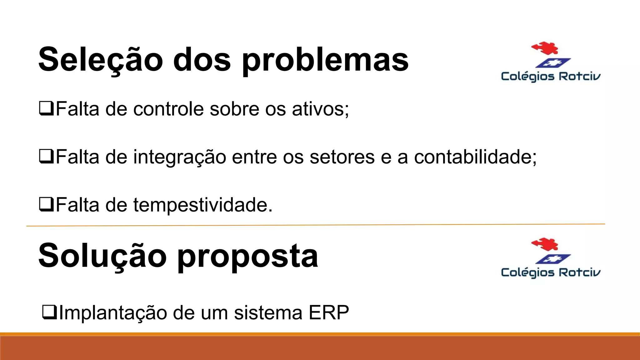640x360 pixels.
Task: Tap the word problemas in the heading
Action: pyautogui.click(x=325, y=60)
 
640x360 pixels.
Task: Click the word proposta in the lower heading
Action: pyautogui.click(x=247, y=257)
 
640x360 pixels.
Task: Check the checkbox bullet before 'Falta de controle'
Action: pyautogui.click(x=47, y=108)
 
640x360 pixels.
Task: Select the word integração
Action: pyautogui.click(x=180, y=157)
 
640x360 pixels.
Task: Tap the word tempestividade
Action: pyautogui.click(x=200, y=205)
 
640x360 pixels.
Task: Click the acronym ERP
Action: pyautogui.click(x=328, y=312)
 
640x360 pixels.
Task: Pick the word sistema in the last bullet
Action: pyautogui.click(x=268, y=312)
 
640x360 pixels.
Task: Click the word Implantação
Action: pyautogui.click(x=113, y=313)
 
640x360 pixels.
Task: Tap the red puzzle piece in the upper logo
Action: pyautogui.click(x=545, y=48)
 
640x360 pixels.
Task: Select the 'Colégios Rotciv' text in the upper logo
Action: pyautogui.click(x=551, y=77)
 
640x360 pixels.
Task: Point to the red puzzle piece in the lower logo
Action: pyautogui.click(x=545, y=244)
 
